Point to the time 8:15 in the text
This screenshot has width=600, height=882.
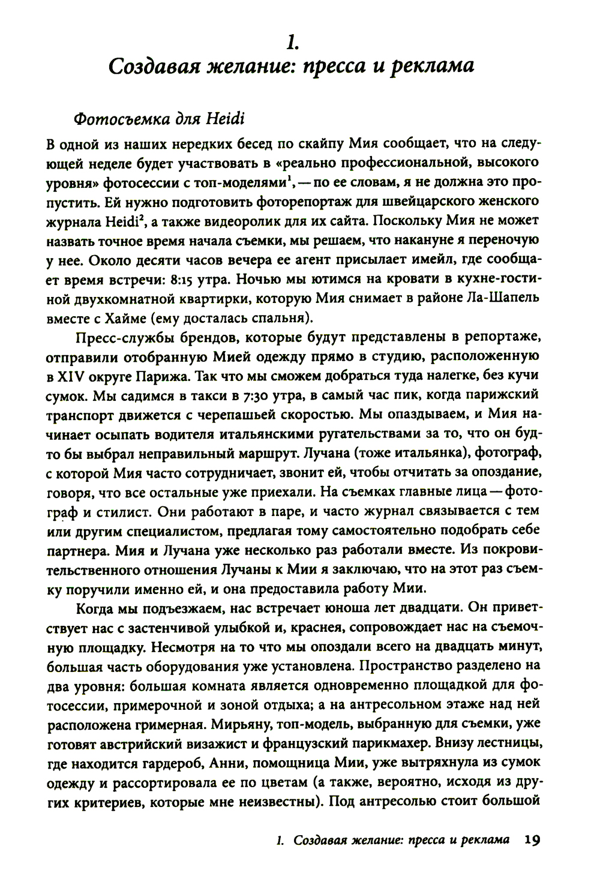(192, 280)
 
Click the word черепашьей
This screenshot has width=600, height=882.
(275, 414)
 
